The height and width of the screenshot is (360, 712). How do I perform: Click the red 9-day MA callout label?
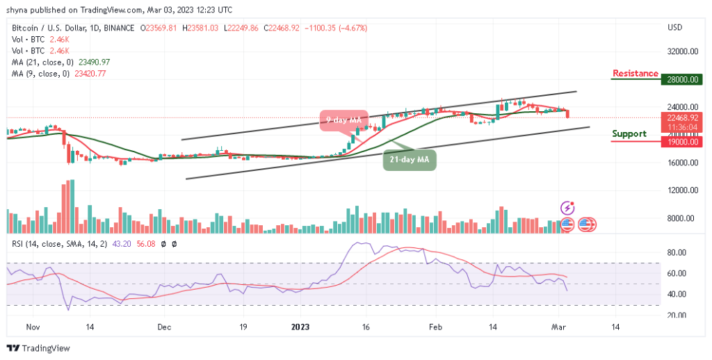pos(343,120)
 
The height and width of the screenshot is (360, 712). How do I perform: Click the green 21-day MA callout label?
pos(409,161)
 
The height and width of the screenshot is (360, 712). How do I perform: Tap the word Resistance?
pos(635,74)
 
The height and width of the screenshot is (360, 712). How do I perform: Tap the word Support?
pos(629,133)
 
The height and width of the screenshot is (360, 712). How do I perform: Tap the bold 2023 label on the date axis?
pos(300,325)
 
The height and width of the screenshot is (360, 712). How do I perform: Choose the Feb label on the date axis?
pos(435,325)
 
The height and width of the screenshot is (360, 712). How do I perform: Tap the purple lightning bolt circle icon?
pos(568,208)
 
